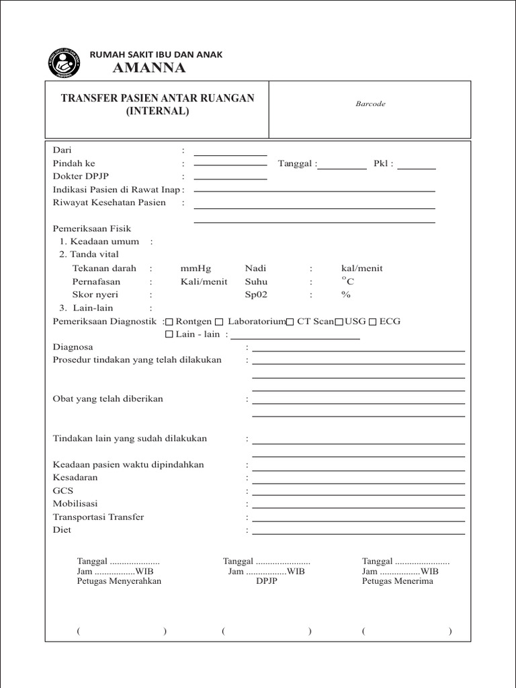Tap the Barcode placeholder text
tap(370, 104)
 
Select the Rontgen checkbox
tap(169, 322)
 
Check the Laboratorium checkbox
tap(219, 322)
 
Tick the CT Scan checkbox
tap(290, 322)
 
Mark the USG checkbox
tap(339, 322)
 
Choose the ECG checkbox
tap(372, 322)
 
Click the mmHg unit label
tap(196, 268)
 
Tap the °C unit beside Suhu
tap(347, 281)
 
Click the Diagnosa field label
tap(73, 347)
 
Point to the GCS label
tap(62, 490)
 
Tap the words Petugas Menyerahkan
tap(119, 581)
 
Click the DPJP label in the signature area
tap(266, 581)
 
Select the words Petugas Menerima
tap(397, 581)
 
